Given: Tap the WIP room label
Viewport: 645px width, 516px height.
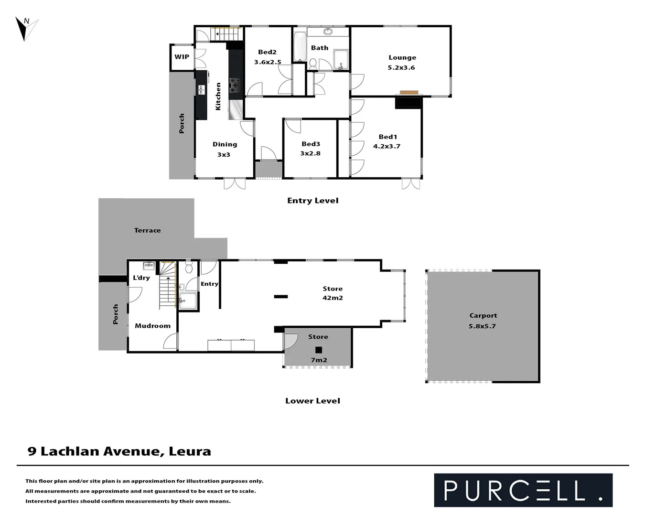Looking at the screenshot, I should click(182, 57).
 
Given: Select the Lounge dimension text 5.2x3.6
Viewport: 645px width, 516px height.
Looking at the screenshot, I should click(401, 68).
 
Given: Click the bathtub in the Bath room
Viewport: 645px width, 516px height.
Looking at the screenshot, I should click(300, 46).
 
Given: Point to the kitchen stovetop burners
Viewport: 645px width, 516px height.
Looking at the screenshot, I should click(235, 85).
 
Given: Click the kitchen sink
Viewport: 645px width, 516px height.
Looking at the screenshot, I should click(202, 89).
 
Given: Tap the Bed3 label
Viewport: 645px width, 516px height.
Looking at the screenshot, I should click(311, 144).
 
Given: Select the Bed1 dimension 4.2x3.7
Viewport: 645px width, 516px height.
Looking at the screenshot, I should click(387, 147).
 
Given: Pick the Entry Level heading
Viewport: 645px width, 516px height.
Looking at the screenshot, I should click(312, 201).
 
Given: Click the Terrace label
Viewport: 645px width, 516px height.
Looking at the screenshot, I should click(147, 230).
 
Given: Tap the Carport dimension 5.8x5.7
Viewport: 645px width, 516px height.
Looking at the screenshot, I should click(482, 326).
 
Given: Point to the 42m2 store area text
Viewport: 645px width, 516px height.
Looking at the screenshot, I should click(333, 298).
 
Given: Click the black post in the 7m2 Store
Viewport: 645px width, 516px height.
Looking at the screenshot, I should click(319, 350).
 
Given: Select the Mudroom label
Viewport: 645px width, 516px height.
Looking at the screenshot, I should click(152, 326).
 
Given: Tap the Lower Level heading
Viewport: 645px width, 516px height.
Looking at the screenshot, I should click(312, 401).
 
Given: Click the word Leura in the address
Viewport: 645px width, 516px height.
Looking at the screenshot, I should click(190, 451).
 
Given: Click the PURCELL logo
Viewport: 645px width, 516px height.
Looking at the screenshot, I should click(523, 490).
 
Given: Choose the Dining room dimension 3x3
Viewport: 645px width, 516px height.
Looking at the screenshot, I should click(224, 155).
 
